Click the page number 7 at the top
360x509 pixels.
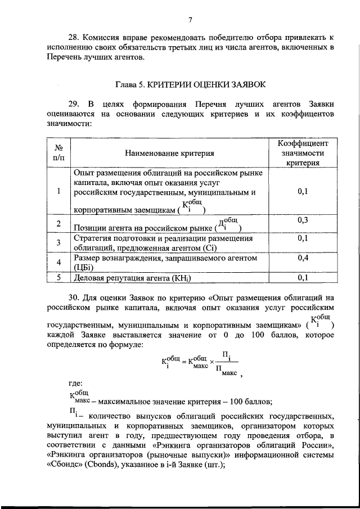(x=190, y=21)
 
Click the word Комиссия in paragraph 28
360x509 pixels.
(x=98, y=37)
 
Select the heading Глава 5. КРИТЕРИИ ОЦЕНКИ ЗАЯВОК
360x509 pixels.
(x=190, y=85)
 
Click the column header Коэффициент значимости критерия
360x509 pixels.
(x=303, y=152)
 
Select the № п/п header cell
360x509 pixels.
(x=58, y=152)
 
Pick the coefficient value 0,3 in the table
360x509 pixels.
(x=303, y=220)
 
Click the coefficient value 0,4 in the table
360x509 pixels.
(x=303, y=257)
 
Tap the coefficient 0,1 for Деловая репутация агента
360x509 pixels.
(x=303, y=277)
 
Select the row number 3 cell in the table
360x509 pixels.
(x=58, y=242)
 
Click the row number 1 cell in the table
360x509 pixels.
(x=58, y=192)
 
